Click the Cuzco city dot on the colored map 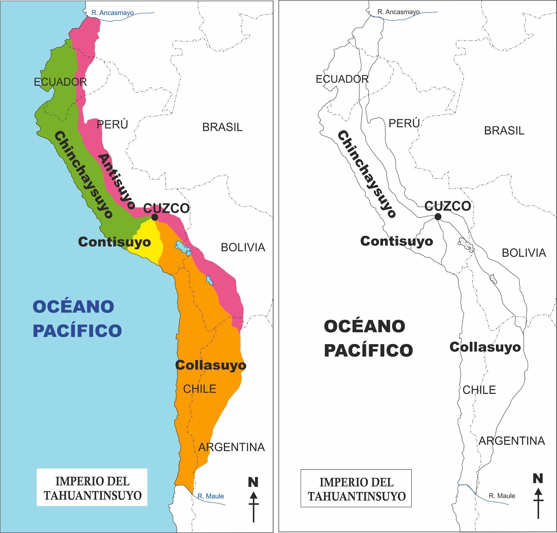pos(155,217)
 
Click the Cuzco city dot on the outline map pos(438,217)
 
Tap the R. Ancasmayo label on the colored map pos(112,13)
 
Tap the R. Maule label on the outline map pos(502,496)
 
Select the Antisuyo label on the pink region pos(116,181)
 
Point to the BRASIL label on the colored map pos(222,127)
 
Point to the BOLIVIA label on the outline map pos(524,253)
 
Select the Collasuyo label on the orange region pos(211,365)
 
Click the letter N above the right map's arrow pos(538,478)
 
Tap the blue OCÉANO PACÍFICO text pos(77,318)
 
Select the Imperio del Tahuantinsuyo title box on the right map pos(356,488)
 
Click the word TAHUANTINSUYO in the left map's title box pos(93,495)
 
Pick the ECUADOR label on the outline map pos(342,79)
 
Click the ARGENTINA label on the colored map pos(232,447)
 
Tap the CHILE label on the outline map pos(479,390)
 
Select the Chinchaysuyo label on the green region pos(84,174)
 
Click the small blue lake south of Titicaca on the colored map pos(209,280)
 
